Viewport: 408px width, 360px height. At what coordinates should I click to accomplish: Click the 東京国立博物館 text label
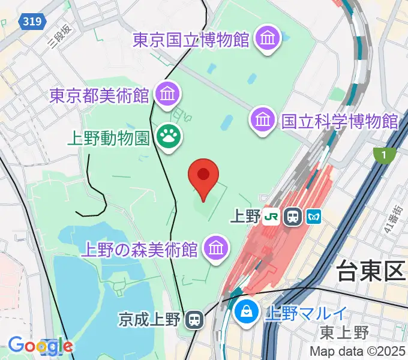191,40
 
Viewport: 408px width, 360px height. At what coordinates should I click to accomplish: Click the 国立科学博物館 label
340,121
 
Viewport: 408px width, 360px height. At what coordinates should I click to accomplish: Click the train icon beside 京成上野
194,319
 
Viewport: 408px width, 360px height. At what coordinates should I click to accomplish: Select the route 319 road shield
32,22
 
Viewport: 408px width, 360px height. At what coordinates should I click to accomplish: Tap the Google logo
40,346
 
